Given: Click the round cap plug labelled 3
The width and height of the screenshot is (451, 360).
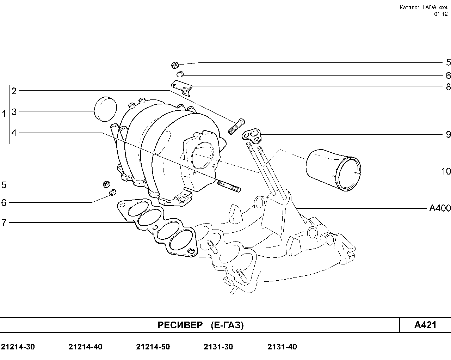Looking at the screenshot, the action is (105, 109).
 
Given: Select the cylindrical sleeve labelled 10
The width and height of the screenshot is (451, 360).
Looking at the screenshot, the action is (333, 170).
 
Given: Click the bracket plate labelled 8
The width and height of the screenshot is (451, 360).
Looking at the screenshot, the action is (181, 87).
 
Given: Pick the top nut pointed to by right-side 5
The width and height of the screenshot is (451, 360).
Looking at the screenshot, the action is (175, 65).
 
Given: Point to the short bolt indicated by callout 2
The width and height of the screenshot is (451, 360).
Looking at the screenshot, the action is (236, 126).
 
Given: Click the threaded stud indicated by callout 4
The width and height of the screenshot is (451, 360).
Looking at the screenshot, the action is (229, 186).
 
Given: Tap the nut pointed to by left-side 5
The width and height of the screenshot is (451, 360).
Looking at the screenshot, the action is (106, 184).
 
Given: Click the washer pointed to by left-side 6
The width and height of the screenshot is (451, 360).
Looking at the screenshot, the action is (113, 192).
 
